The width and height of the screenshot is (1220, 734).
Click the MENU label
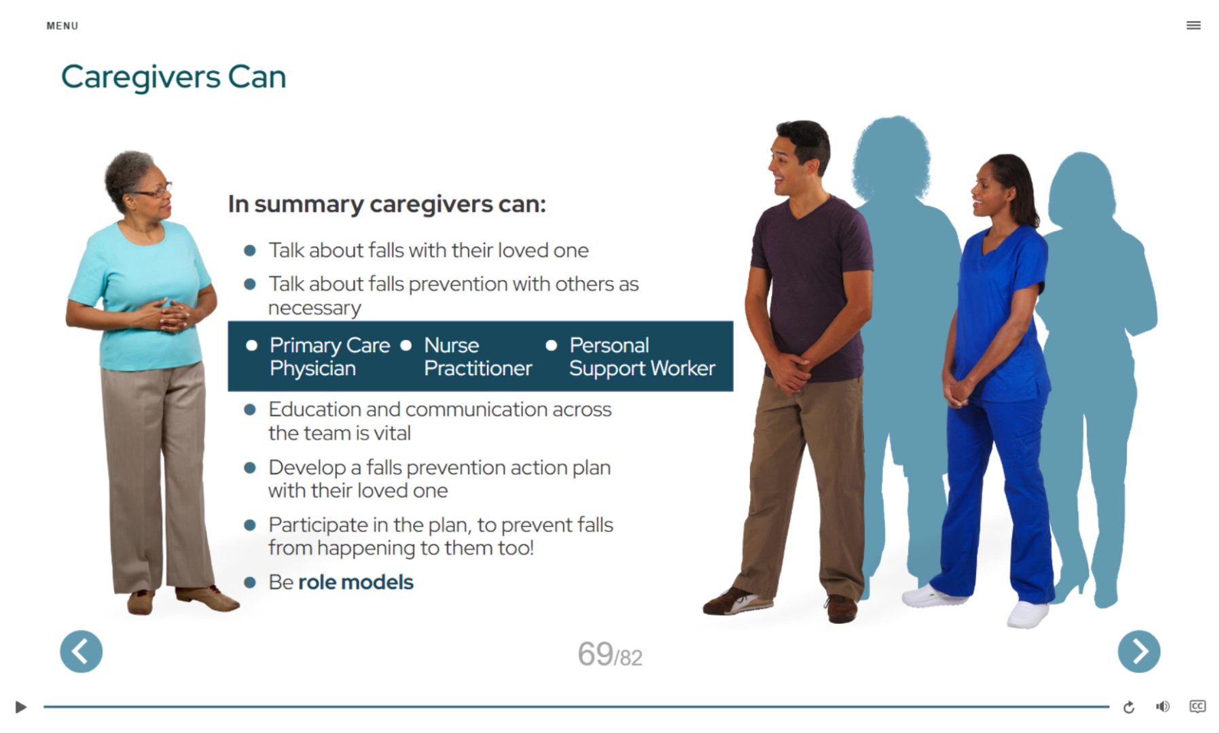point(62,26)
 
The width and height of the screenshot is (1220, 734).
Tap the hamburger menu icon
point(1194,25)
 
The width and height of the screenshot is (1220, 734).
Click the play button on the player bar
point(20,707)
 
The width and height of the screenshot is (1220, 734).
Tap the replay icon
point(1129,707)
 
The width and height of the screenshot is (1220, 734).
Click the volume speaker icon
point(1163,707)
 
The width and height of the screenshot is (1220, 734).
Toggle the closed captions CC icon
point(1198,706)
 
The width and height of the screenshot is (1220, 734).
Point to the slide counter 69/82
point(610,654)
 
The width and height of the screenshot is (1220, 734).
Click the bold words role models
point(355,582)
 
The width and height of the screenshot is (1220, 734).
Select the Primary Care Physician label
point(329,357)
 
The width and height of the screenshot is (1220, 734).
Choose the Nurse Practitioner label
point(478,357)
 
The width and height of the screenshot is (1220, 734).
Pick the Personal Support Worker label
point(642,357)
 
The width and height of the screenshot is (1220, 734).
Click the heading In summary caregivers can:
point(387,204)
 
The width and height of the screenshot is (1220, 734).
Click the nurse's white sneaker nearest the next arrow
point(1027,614)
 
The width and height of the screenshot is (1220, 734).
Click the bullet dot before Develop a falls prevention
point(250,468)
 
